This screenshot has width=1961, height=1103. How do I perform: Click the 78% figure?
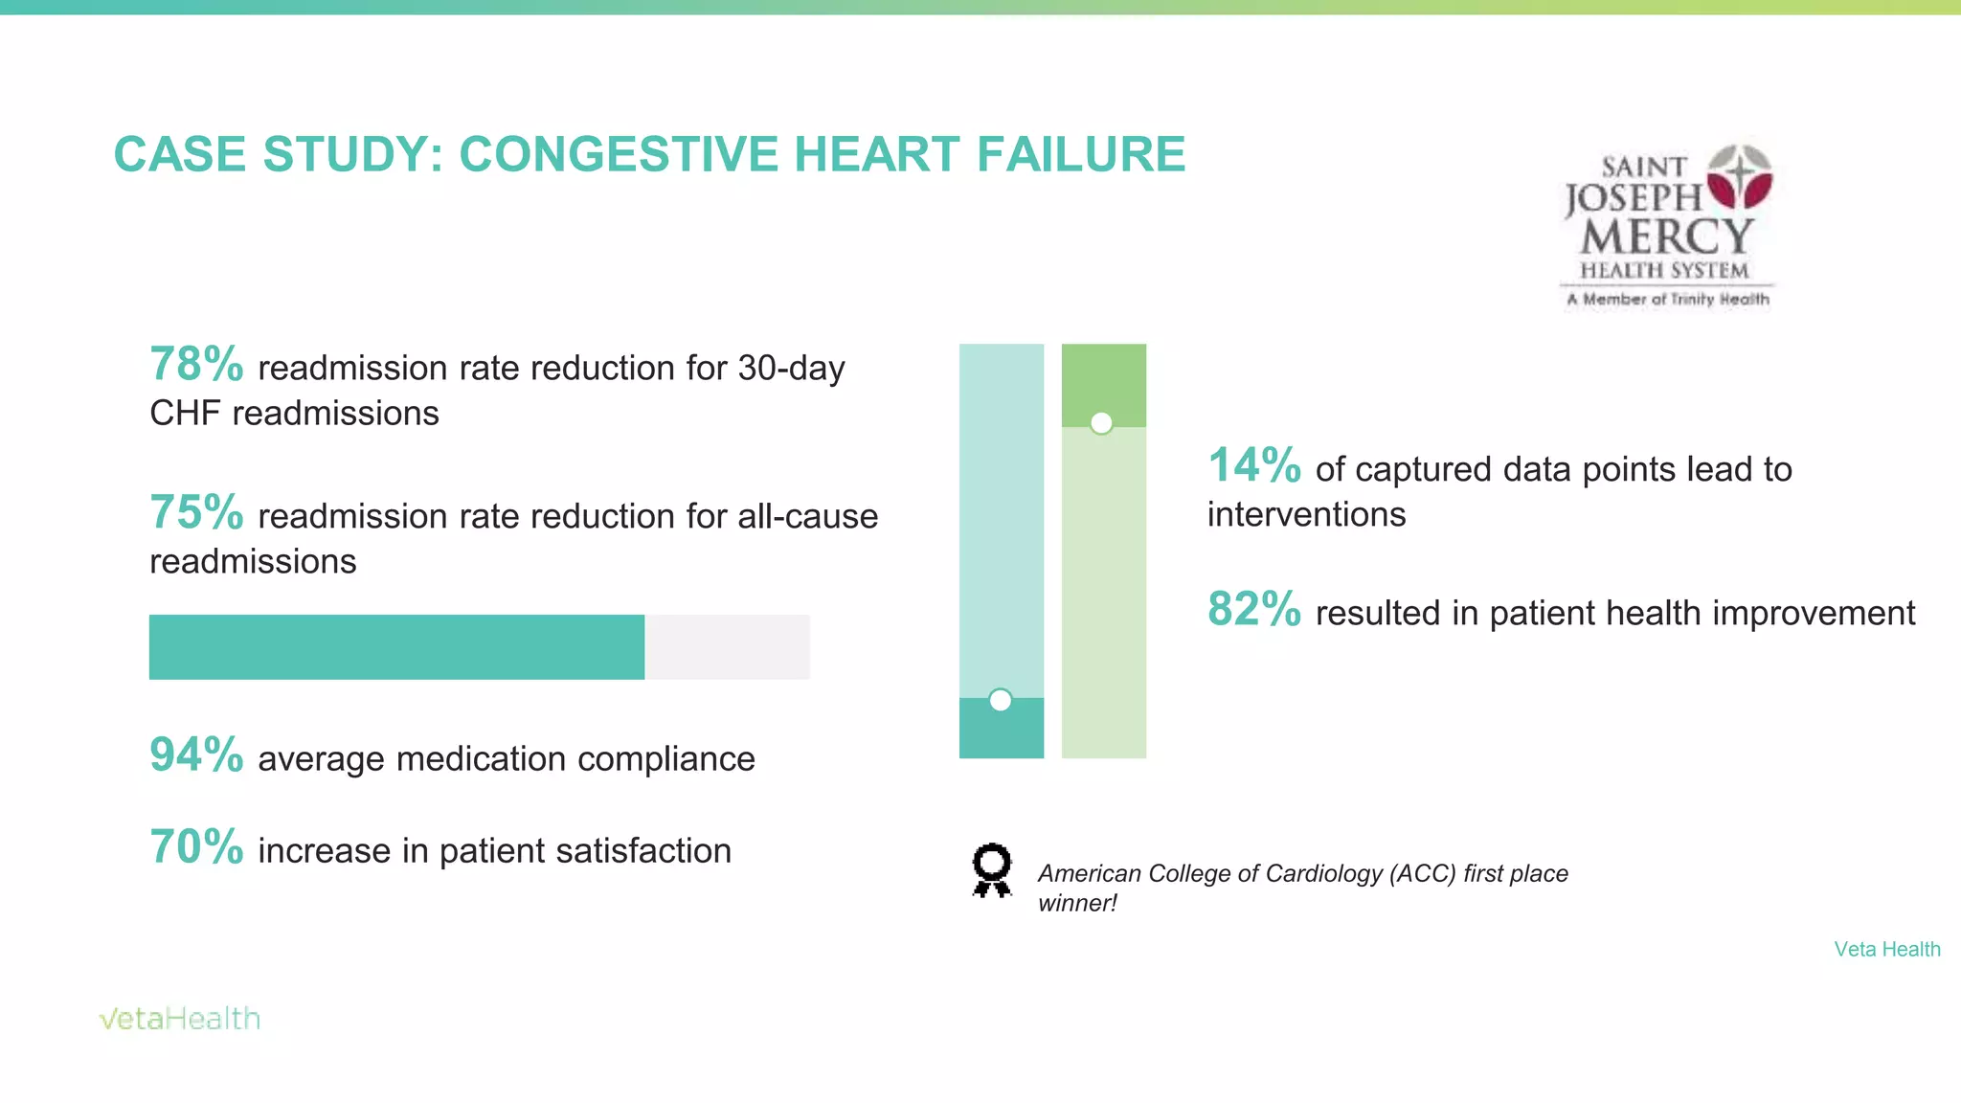196,365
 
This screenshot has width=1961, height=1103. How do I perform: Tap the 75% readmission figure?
196,513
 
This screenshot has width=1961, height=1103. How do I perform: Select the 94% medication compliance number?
196,755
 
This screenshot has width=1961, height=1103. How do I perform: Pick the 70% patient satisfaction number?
196,847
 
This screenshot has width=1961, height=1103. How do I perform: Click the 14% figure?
1254,466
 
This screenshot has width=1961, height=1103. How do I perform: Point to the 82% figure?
1254,610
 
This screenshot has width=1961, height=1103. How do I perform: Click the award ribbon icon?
991,869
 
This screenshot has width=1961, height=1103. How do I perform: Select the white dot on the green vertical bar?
1101,423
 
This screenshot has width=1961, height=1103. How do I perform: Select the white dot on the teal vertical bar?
1000,701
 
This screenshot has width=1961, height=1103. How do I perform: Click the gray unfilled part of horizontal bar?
727,647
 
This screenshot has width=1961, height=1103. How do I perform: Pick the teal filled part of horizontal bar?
396,647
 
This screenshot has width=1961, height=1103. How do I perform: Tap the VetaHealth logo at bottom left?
180,1019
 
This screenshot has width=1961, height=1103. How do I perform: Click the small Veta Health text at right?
1886,949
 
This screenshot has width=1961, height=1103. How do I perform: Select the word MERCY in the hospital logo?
1666,236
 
